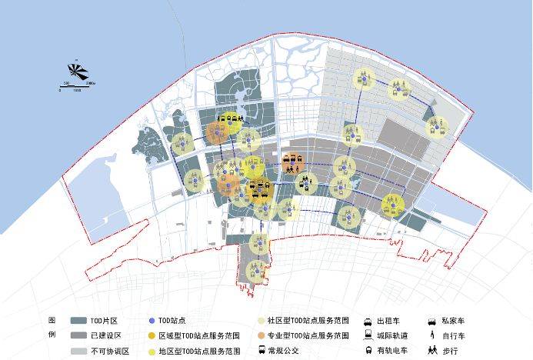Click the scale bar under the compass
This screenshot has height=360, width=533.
(77, 84)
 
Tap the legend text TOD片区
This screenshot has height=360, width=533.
(102, 320)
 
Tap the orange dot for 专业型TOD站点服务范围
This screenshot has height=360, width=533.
(262, 335)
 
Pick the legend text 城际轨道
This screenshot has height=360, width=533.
(392, 335)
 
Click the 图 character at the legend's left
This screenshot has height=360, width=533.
(52, 320)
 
